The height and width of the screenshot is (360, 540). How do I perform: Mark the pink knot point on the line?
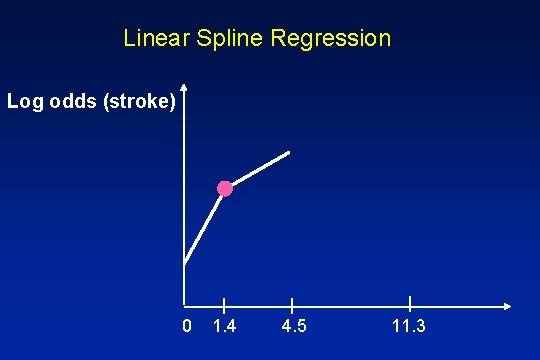(225, 188)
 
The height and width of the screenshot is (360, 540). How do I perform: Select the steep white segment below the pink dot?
(205, 225)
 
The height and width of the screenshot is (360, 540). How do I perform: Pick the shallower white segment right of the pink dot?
(258, 170)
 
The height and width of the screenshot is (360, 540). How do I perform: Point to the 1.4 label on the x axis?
(225, 327)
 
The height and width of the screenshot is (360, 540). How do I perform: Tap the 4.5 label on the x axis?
(294, 327)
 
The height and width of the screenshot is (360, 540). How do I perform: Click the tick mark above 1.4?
(224, 304)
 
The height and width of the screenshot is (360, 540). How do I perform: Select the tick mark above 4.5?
(292, 304)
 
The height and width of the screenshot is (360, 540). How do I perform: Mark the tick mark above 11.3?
(410, 304)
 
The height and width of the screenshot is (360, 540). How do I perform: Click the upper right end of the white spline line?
(289, 153)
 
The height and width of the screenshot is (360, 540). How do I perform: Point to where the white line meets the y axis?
(185, 263)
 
